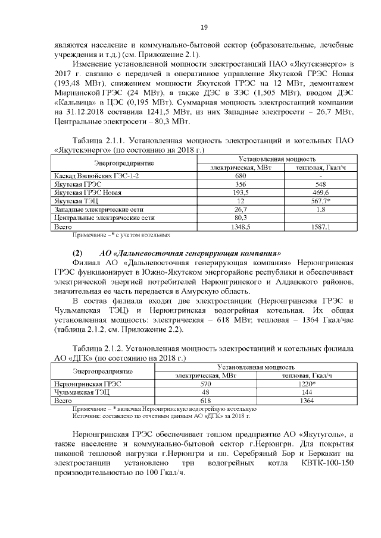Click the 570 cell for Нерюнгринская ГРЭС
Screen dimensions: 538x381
coord(206,385)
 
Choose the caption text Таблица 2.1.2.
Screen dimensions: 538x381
coord(102,348)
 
